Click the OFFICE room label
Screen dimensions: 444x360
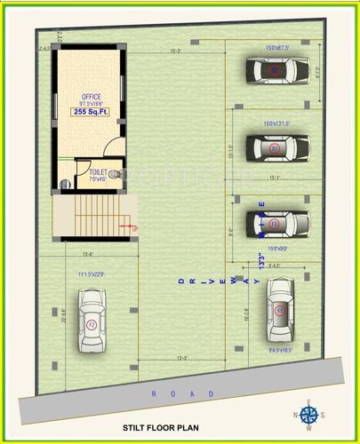pyautogui.click(x=91, y=96)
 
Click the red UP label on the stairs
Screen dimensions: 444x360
pyautogui.click(x=136, y=228)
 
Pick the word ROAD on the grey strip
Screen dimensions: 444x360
pyautogui.click(x=181, y=392)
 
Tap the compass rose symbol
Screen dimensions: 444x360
pyautogui.click(x=308, y=415)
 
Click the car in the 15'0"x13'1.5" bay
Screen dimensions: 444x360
pyautogui.click(x=275, y=147)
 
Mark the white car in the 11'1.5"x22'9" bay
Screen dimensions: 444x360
pyautogui.click(x=91, y=324)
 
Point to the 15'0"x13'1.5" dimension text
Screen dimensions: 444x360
pyautogui.click(x=278, y=123)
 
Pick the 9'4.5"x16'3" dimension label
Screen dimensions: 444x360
pyautogui.click(x=280, y=350)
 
